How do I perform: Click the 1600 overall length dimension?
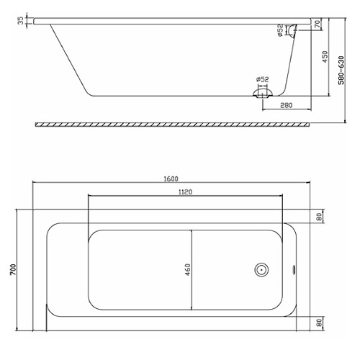tap(171, 179)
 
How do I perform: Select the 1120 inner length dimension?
tap(185, 192)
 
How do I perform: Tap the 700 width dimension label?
tap(13, 269)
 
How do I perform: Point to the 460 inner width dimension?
tap(188, 269)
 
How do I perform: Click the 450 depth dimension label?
tap(325, 57)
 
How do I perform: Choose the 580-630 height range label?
tap(341, 70)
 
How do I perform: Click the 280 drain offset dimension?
tap(287, 105)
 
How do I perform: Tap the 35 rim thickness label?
tap(22, 20)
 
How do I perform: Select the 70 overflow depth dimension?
tap(318, 24)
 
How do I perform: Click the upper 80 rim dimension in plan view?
tap(319, 217)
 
